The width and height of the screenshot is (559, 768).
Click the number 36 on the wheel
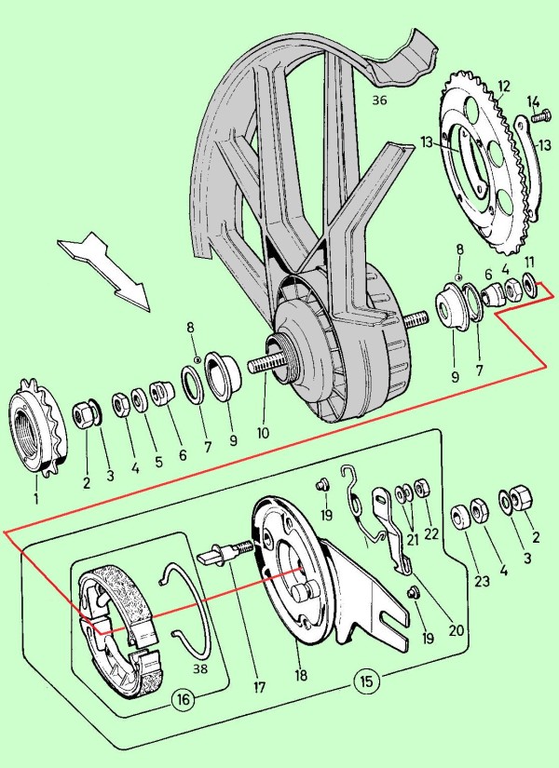379,99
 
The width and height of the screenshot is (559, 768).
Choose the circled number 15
366,681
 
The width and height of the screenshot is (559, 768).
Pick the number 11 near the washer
529,263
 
